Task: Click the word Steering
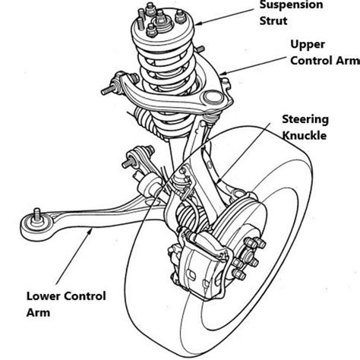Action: coord(305,118)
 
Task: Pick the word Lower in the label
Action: coord(43,295)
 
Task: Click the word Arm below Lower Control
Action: coord(38,311)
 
